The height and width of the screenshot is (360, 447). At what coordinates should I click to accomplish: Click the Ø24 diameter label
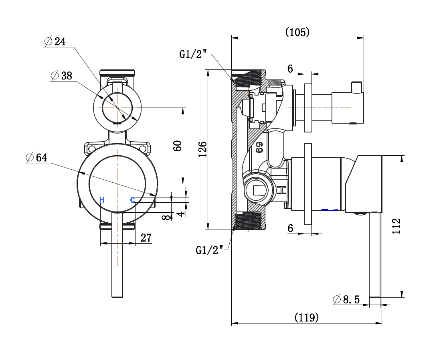click(x=55, y=41)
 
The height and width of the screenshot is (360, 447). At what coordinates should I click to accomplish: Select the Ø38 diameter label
click(x=61, y=75)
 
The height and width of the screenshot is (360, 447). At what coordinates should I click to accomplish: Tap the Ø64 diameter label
click(x=36, y=157)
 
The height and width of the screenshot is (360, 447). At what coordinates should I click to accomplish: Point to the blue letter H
click(x=102, y=200)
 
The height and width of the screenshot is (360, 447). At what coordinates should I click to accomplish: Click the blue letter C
click(x=132, y=199)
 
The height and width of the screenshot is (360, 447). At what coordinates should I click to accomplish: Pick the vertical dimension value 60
click(x=178, y=145)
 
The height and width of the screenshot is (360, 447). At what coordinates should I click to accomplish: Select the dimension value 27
click(x=146, y=238)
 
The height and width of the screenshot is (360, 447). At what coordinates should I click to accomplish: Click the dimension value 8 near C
click(x=165, y=217)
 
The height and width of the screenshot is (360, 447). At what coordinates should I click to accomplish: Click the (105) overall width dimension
click(x=297, y=32)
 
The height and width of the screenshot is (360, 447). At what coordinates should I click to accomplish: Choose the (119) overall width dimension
click(x=307, y=317)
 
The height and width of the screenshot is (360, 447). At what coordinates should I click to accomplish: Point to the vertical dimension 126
click(x=203, y=149)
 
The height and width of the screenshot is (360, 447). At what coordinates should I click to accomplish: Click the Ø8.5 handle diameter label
click(x=346, y=299)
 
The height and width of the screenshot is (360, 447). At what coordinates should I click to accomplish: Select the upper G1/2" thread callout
click(x=193, y=54)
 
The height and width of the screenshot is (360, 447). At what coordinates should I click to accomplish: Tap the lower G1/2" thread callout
click(x=209, y=250)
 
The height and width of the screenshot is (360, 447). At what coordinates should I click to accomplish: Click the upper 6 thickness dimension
click(x=290, y=69)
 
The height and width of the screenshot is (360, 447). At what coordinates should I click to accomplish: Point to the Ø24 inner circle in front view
click(x=117, y=108)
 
